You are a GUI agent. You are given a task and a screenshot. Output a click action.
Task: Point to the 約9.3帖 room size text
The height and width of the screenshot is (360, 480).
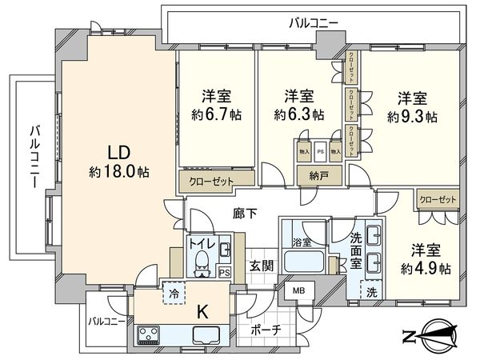click(412, 115)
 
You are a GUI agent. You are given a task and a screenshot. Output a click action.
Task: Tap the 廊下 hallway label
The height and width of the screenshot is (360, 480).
click(245, 214)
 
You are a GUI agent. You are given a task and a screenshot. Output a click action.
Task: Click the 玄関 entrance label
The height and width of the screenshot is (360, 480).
click(258, 264)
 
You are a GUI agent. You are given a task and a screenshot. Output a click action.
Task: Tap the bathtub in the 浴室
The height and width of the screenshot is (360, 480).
click(304, 262)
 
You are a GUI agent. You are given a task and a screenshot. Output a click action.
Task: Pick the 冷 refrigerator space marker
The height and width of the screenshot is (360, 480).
click(172, 293)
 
